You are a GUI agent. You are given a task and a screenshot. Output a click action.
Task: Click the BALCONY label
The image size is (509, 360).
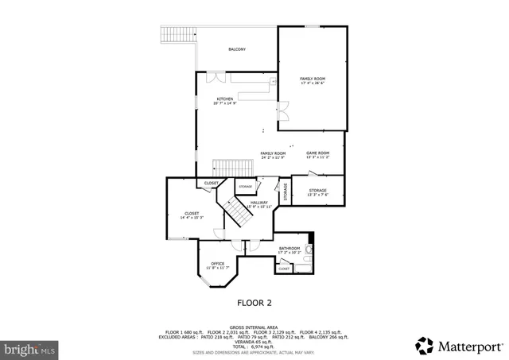[x=237, y=49]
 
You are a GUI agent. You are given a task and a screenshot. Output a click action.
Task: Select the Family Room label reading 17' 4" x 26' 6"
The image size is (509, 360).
[x=313, y=81]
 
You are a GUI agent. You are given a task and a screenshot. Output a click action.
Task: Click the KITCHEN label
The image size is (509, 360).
[x=225, y=101]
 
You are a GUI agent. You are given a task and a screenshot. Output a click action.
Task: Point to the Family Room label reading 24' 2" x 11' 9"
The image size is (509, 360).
[x=273, y=155]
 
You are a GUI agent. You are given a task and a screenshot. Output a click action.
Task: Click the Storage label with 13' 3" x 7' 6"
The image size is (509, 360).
[x=318, y=192]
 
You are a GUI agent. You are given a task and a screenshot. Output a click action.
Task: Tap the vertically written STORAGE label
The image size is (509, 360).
[x=285, y=192]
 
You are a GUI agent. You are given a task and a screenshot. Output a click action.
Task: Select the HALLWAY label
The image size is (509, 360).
[x=259, y=204]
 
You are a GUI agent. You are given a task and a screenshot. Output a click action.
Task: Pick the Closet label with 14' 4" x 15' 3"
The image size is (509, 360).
[x=192, y=215]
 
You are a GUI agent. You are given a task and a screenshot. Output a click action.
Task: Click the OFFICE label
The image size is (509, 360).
[x=217, y=265]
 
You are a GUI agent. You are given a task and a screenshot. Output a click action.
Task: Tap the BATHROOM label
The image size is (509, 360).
[x=289, y=250]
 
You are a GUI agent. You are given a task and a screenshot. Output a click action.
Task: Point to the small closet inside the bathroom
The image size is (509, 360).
[x=284, y=269]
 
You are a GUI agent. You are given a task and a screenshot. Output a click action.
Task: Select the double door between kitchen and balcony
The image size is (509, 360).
[x=215, y=77]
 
